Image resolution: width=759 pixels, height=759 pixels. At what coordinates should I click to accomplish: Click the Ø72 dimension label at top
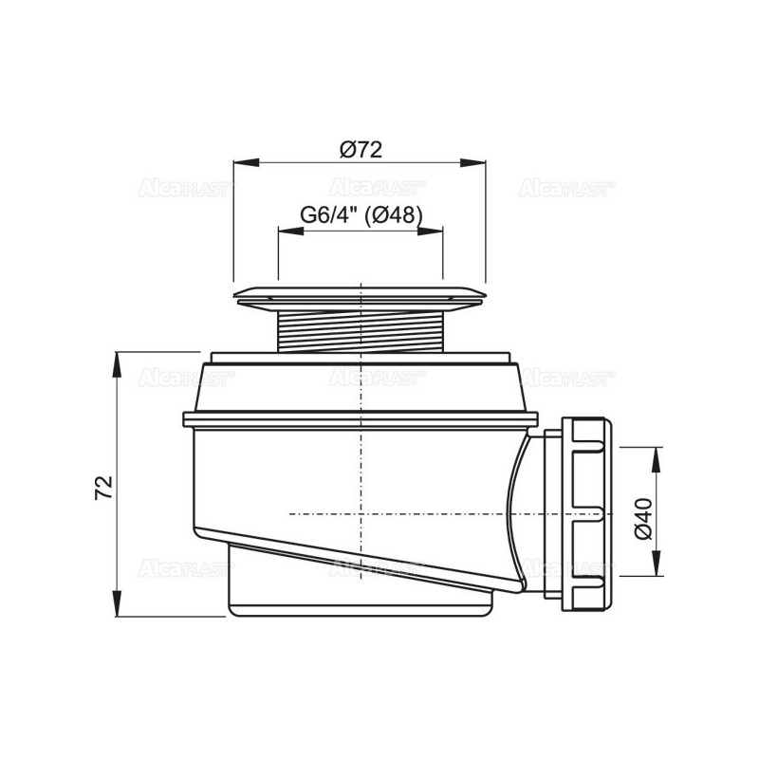[x=361, y=150]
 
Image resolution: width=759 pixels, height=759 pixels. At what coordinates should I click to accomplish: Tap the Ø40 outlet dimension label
[x=644, y=518]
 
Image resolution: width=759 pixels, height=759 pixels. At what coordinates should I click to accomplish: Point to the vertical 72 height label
[x=103, y=487]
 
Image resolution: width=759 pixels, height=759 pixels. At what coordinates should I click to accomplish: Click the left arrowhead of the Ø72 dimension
[x=246, y=162]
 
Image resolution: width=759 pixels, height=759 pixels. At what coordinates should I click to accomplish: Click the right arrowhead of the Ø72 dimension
[x=472, y=162]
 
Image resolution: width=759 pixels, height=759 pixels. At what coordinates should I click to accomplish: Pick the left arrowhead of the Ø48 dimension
[x=291, y=231]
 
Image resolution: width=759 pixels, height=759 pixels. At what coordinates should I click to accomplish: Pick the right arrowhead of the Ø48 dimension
[x=430, y=231]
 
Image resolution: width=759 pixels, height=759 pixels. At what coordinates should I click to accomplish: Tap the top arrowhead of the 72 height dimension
[x=117, y=365]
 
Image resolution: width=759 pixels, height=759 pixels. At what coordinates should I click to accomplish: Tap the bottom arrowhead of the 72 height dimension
[x=117, y=603]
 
